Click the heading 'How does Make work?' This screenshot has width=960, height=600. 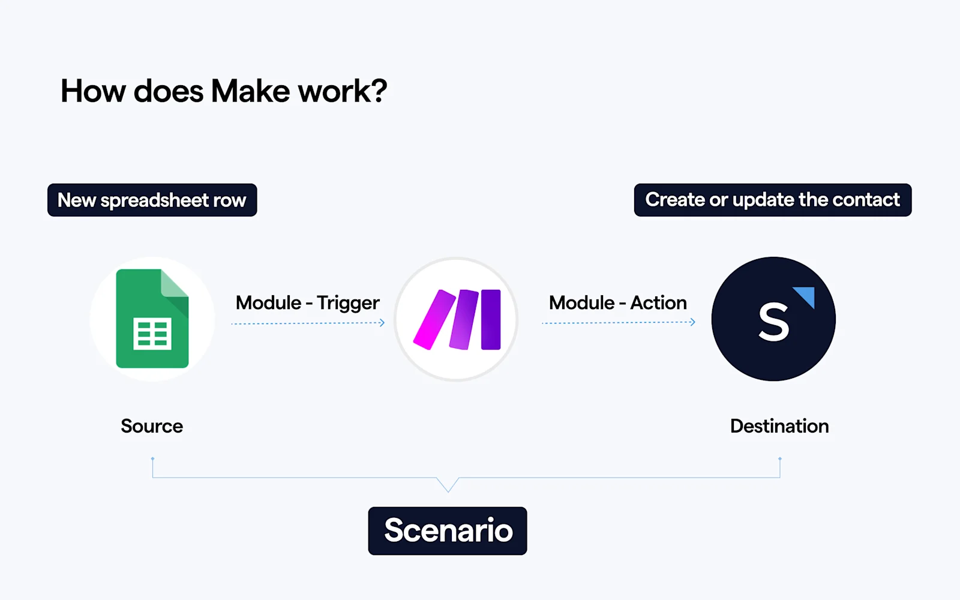pyautogui.click(x=224, y=91)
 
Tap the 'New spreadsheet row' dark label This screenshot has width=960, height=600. pyautogui.click(x=152, y=200)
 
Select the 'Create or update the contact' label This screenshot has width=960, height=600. pyautogui.click(x=772, y=200)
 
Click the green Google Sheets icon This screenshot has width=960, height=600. pyautogui.click(x=152, y=318)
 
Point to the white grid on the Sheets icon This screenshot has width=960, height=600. pyautogui.click(x=152, y=334)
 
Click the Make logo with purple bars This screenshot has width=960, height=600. pyautogui.click(x=457, y=319)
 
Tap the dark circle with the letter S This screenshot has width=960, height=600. pyautogui.click(x=773, y=319)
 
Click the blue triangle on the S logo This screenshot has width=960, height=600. pyautogui.click(x=806, y=296)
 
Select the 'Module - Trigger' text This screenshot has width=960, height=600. pyautogui.click(x=307, y=302)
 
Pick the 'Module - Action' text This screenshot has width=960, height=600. pyautogui.click(x=617, y=302)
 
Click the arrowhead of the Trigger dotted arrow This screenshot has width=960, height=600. pyautogui.click(x=382, y=323)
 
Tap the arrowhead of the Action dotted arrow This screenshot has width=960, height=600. pyautogui.click(x=692, y=322)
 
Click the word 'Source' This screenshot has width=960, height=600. pyautogui.click(x=152, y=426)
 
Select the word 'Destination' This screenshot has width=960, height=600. pyautogui.click(x=779, y=426)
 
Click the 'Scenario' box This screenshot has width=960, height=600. pyautogui.click(x=448, y=531)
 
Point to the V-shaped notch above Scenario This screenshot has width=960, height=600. pyautogui.click(x=448, y=485)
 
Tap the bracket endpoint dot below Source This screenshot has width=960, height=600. pyautogui.click(x=152, y=459)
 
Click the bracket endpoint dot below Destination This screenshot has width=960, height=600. pyautogui.click(x=779, y=459)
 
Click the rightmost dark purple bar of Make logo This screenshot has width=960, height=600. pyautogui.click(x=491, y=319)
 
